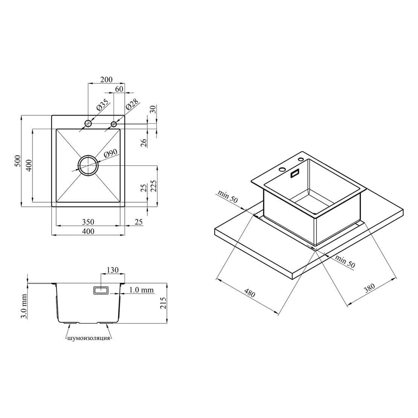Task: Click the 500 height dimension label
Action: (17, 161)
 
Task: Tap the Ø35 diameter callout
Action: (102, 105)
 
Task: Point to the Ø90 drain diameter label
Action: (110, 153)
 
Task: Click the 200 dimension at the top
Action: (106, 79)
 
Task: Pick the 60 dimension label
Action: (119, 89)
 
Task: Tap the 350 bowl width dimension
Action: (88, 221)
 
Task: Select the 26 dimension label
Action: (144, 143)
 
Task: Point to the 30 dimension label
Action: (153, 109)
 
